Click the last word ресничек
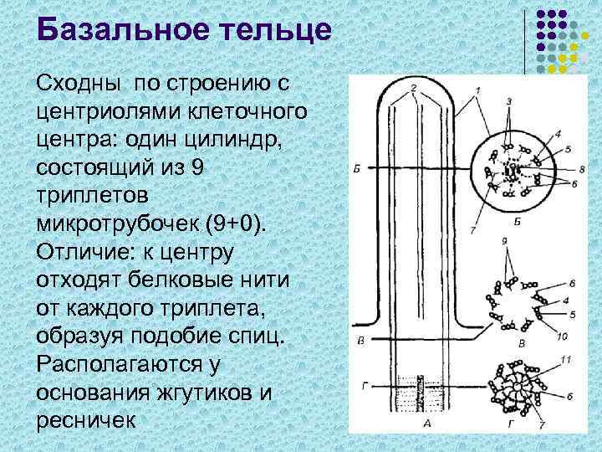tap(85, 419)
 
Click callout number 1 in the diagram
tap(476, 90)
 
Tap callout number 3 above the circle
tap(508, 101)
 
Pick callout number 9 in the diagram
tap(503, 242)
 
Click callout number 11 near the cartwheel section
tap(566, 359)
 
